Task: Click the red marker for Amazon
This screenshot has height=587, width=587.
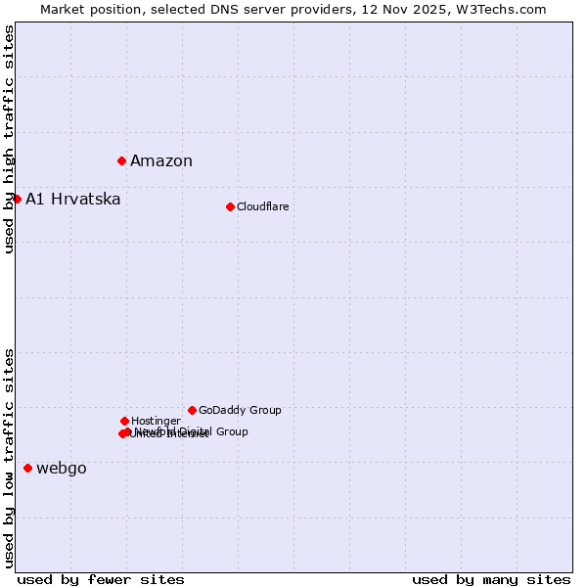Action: tap(121, 160)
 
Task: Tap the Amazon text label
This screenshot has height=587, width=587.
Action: tap(161, 161)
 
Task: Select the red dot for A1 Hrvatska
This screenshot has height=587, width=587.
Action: tap(17, 199)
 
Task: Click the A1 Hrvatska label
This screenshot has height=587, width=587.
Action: tap(73, 200)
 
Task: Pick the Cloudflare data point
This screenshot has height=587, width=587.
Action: tap(230, 206)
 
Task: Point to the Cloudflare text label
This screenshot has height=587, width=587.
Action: tap(262, 206)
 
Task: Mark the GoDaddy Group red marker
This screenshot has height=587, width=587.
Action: tap(192, 410)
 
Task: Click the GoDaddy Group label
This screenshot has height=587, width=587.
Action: tap(240, 410)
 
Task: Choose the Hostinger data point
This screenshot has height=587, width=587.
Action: tap(124, 421)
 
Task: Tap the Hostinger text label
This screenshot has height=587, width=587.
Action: tap(156, 421)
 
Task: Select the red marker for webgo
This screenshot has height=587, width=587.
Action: tap(27, 468)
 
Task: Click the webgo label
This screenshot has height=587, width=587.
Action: tap(62, 469)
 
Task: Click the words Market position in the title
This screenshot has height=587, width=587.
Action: tap(86, 10)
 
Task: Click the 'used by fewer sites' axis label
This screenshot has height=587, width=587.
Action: tap(101, 579)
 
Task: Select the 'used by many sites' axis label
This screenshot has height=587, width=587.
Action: tap(491, 579)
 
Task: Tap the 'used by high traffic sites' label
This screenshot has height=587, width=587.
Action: tap(9, 139)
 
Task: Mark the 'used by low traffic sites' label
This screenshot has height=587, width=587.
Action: tap(9, 458)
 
